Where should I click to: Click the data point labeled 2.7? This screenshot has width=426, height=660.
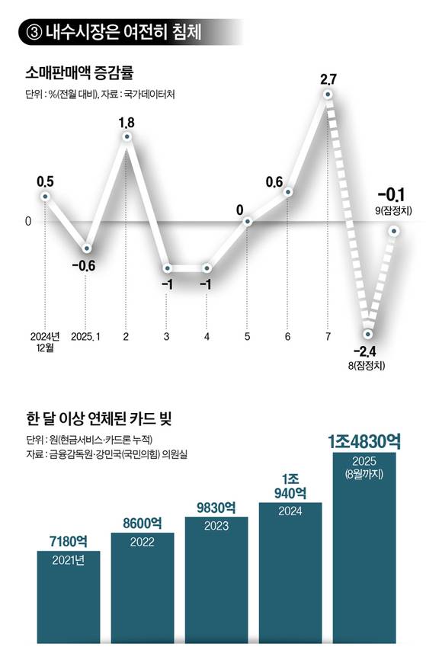328,95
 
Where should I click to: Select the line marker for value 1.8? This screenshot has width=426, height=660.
127,136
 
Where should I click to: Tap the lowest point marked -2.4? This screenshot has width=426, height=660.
368,334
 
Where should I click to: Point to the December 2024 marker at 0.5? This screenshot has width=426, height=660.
45,196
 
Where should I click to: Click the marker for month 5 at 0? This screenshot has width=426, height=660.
248,222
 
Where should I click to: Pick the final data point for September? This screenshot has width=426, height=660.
395,230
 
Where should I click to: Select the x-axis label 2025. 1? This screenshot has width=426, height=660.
86,336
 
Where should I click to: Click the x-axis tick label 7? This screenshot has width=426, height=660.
328,336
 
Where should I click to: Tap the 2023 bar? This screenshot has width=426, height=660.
216,579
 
